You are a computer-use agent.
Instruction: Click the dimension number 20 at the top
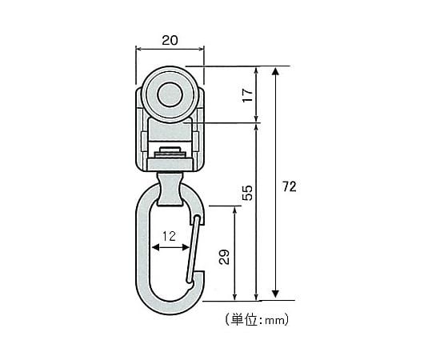170,40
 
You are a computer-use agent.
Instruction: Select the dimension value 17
248,95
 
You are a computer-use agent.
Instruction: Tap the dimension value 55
247,193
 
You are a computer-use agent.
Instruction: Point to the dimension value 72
290,186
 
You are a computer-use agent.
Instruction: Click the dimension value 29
224,257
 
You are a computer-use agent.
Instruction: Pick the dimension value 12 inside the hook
169,236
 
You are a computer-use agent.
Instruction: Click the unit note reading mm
275,320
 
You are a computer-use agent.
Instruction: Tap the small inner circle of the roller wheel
170,94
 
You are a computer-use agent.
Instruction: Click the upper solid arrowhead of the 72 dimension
275,71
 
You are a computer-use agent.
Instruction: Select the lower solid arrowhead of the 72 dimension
275,294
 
